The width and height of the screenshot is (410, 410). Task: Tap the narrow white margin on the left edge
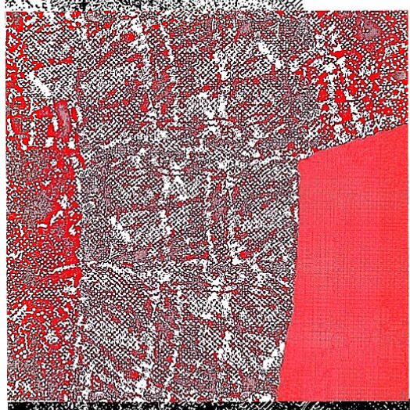pos(2,235)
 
